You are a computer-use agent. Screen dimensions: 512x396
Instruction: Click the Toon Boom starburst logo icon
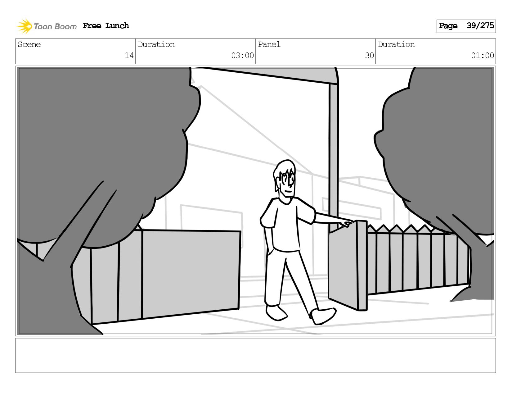24,26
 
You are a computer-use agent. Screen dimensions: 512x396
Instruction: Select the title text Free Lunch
106,25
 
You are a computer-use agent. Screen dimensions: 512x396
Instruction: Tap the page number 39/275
480,25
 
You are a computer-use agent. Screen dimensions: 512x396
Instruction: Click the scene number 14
129,55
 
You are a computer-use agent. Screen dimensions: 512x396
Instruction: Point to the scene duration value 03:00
242,55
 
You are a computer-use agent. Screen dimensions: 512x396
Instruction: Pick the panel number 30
370,55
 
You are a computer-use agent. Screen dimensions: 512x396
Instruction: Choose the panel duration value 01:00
483,55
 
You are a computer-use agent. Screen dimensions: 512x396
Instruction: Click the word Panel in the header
269,44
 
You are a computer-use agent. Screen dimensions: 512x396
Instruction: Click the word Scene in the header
29,44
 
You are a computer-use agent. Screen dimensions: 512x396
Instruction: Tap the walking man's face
287,185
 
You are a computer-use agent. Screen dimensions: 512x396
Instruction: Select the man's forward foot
323,316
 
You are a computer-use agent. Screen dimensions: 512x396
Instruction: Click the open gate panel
348,266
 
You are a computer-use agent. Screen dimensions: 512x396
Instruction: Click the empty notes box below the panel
256,355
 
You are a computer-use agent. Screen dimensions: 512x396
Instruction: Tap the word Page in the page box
448,26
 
